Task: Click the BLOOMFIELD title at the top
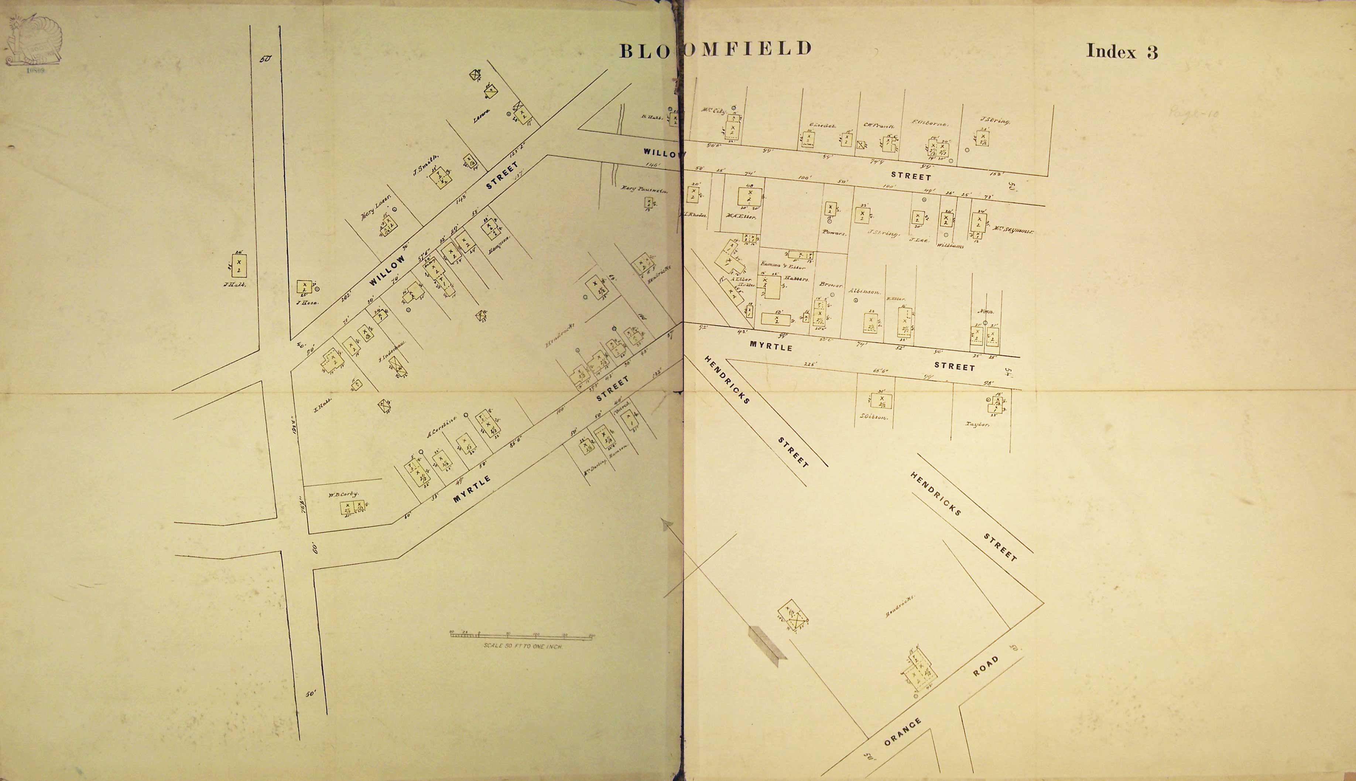click(715, 49)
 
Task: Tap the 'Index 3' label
click(1122, 52)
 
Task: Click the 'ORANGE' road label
click(902, 732)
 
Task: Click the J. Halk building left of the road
click(239, 265)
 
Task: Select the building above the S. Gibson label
click(881, 400)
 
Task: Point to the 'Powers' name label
click(834, 233)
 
